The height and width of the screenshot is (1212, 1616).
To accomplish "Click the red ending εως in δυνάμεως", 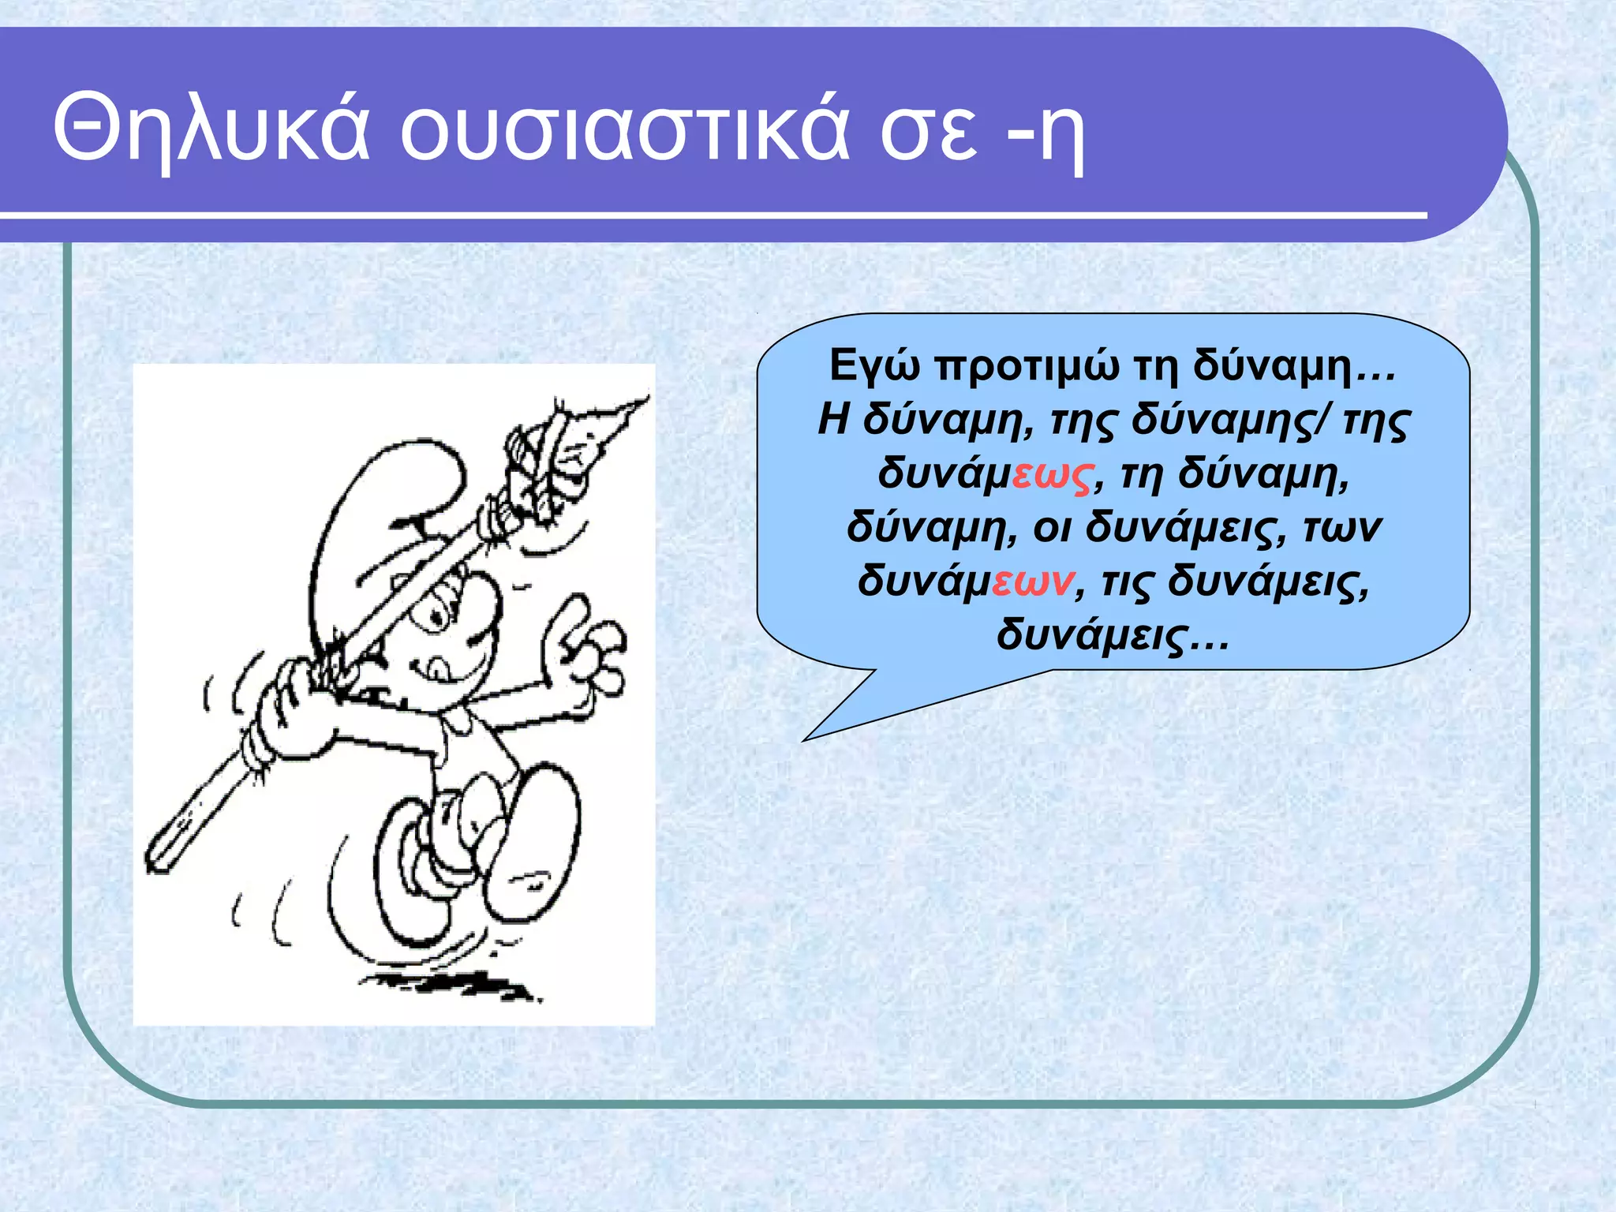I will click(1053, 475).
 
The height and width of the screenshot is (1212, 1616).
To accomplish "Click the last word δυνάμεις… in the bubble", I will click(1113, 635).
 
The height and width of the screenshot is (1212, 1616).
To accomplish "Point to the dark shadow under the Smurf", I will click(450, 985).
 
